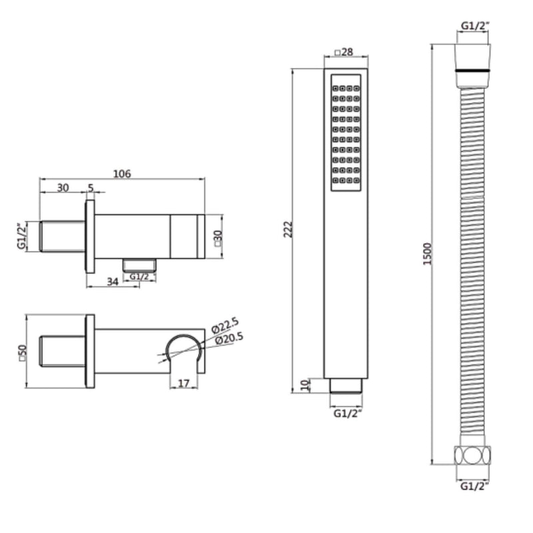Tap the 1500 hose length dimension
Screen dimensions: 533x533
click(428, 253)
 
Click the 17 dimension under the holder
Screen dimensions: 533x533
click(184, 382)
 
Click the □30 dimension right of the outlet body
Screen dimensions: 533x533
click(218, 237)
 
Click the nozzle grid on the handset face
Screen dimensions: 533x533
click(346, 133)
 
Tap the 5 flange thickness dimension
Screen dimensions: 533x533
click(91, 188)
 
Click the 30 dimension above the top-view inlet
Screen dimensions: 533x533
click(63, 188)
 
